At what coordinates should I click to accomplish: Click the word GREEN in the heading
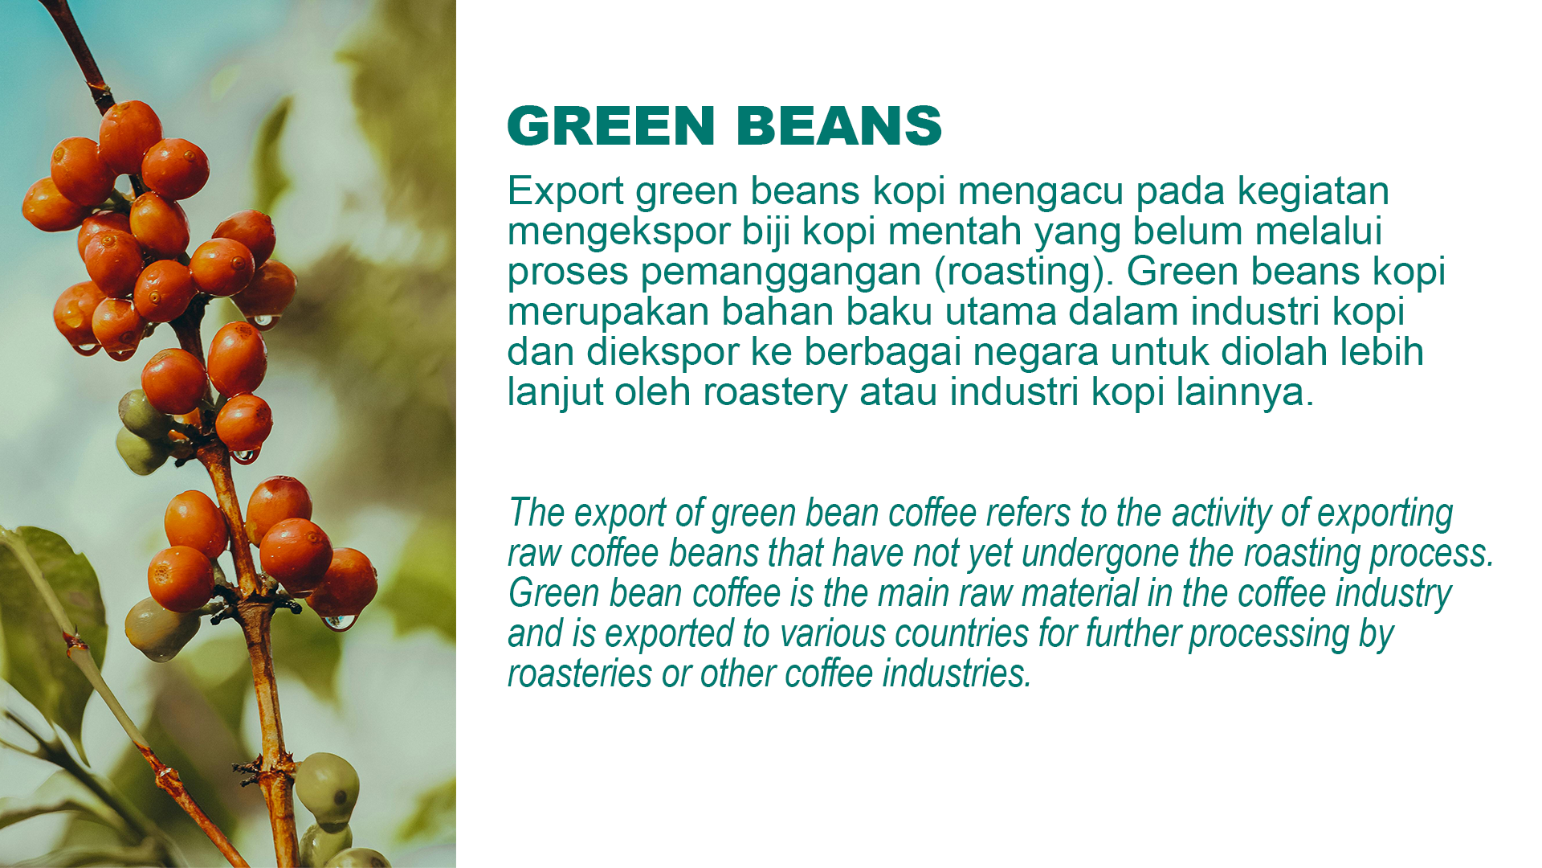click(611, 126)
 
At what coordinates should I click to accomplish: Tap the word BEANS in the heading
click(839, 126)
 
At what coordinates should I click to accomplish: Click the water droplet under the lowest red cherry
click(338, 621)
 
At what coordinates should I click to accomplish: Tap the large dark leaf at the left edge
click(48, 611)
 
